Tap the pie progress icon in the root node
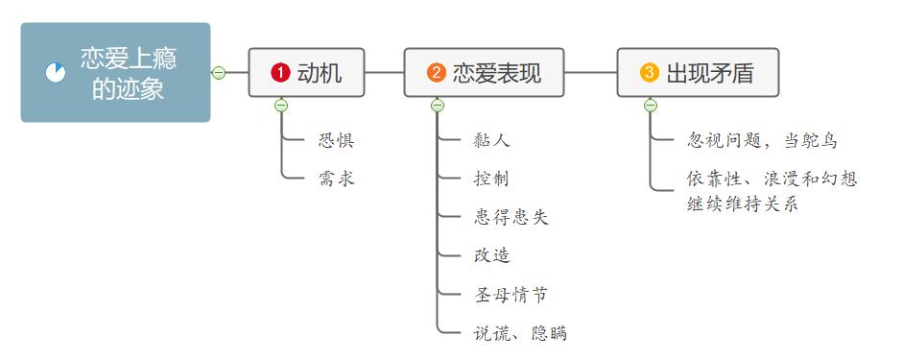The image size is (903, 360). coord(56,73)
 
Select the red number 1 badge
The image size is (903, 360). coord(280,72)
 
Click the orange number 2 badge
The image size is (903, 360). coord(436,72)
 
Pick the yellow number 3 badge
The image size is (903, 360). coord(650,72)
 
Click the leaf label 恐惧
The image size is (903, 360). coord(336,141)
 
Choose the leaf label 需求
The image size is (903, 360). coord(336,179)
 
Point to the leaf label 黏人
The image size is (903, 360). coord(491,141)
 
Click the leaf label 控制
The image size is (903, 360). coord(491,179)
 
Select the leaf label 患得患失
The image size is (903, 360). coord(511,218)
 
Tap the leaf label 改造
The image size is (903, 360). coord(491,255)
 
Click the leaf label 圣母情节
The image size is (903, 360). coord(511,295)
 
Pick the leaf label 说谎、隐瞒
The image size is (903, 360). coord(520,333)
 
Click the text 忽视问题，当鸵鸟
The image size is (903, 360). coord(763,141)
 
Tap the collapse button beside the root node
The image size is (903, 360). coord(219,72)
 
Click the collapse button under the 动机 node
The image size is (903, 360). coord(281,106)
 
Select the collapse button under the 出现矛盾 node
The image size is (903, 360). coord(650,106)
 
